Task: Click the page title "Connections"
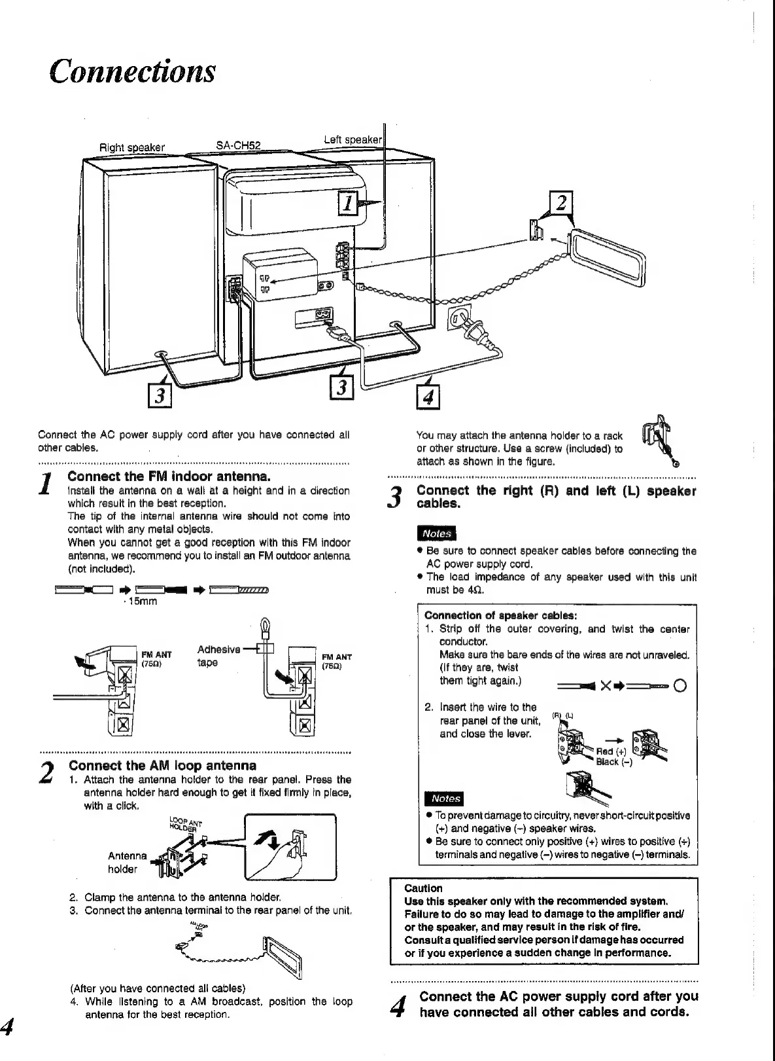(133, 71)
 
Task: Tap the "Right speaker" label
(131, 147)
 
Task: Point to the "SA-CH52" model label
(238, 145)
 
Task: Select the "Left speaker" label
(353, 139)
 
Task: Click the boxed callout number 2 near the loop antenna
(560, 203)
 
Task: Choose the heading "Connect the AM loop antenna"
(162, 765)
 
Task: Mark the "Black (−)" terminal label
(613, 762)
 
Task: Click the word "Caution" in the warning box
(423, 888)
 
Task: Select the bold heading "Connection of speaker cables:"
(500, 615)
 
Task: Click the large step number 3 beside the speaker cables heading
(395, 497)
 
